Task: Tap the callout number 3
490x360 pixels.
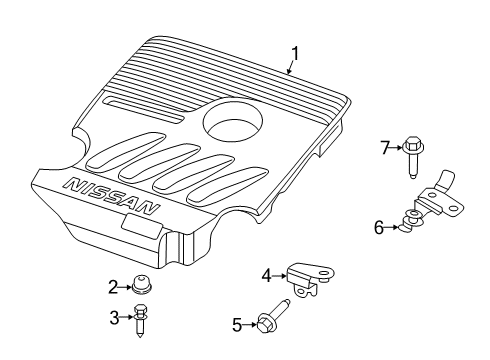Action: (x=113, y=317)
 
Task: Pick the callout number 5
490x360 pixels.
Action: (x=237, y=323)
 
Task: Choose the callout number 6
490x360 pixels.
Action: (x=379, y=228)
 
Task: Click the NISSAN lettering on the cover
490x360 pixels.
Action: (x=110, y=195)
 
